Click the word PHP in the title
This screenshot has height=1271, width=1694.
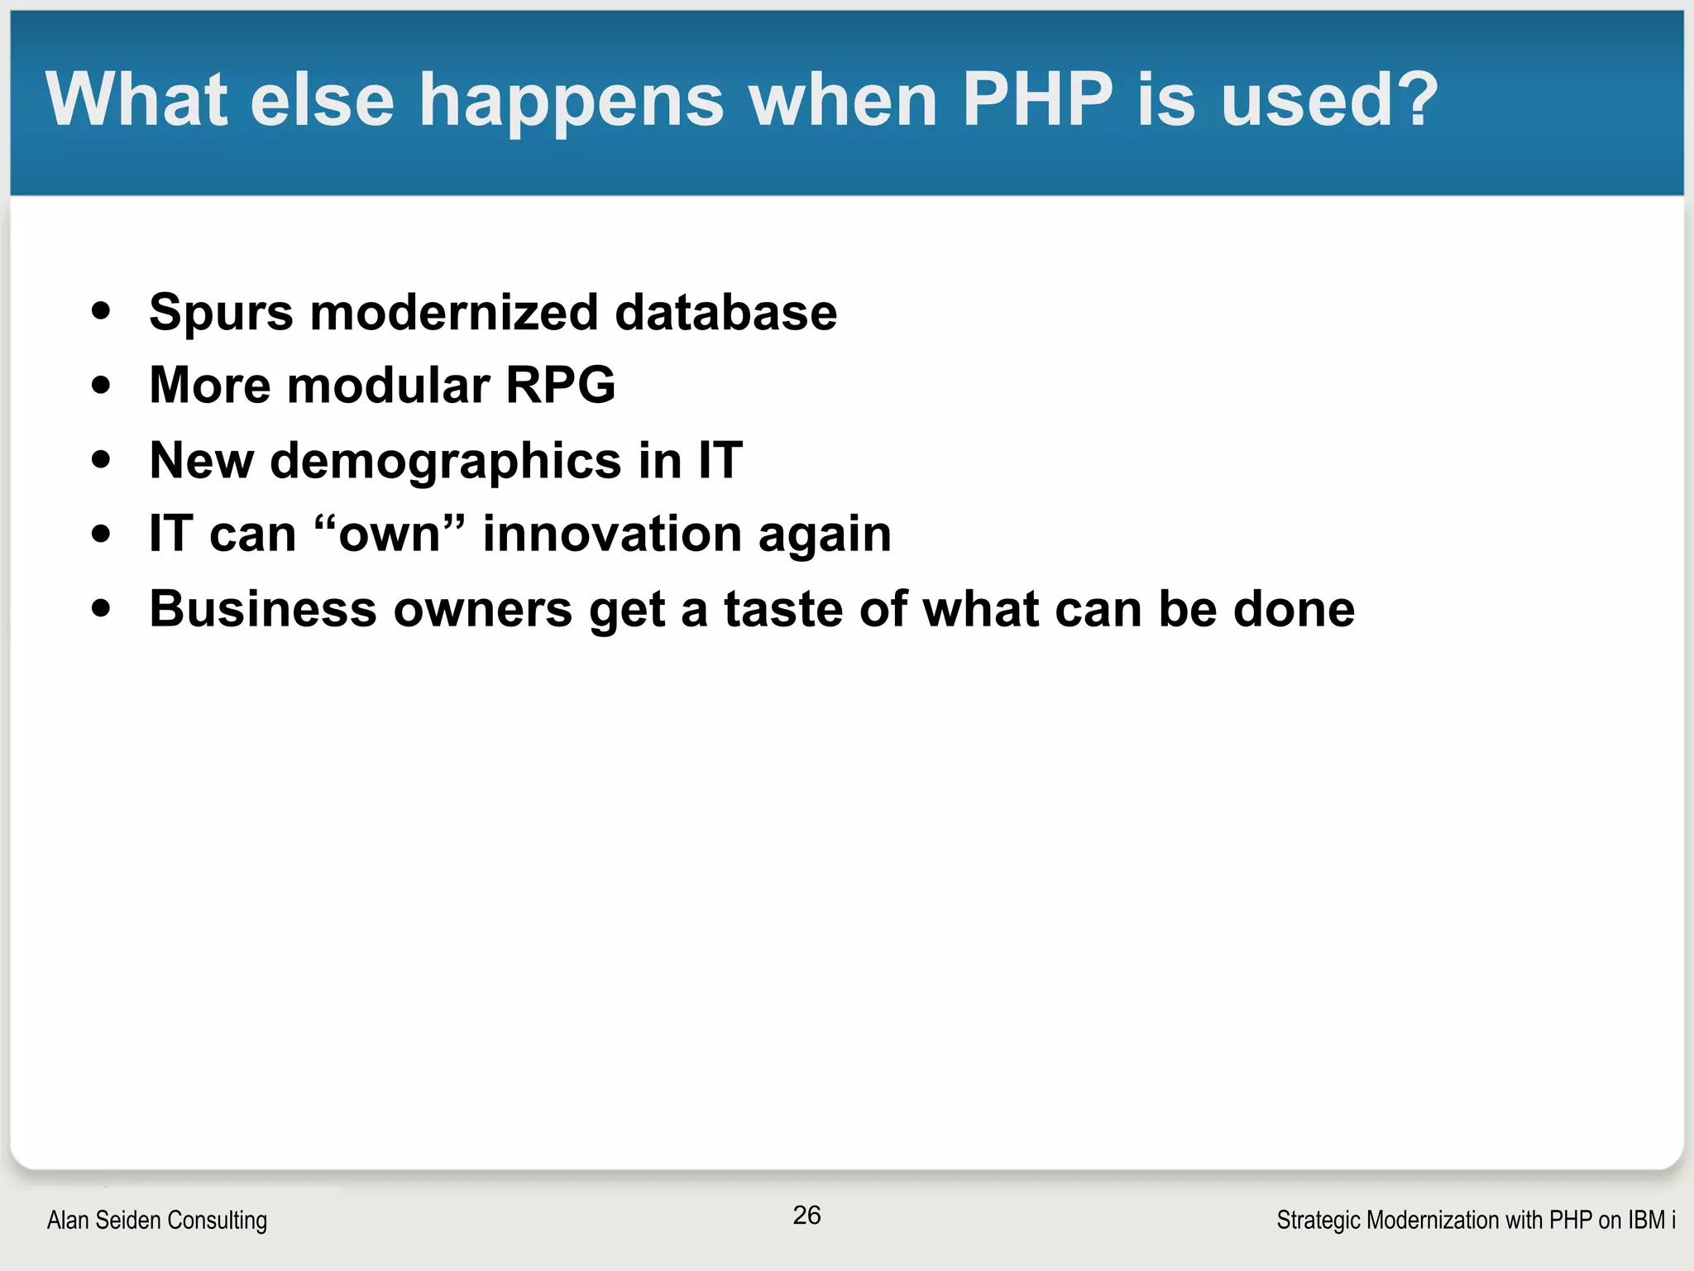click(1037, 99)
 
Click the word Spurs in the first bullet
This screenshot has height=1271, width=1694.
click(221, 313)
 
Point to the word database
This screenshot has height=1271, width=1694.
click(725, 313)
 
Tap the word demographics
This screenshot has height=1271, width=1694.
click(445, 461)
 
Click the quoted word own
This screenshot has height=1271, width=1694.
click(390, 534)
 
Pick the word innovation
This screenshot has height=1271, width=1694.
click(611, 534)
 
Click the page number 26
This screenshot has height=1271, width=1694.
click(806, 1215)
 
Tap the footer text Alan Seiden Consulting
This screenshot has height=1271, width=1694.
click(157, 1220)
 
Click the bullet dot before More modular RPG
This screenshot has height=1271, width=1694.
click(101, 386)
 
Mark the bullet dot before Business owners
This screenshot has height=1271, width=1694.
click(101, 610)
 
